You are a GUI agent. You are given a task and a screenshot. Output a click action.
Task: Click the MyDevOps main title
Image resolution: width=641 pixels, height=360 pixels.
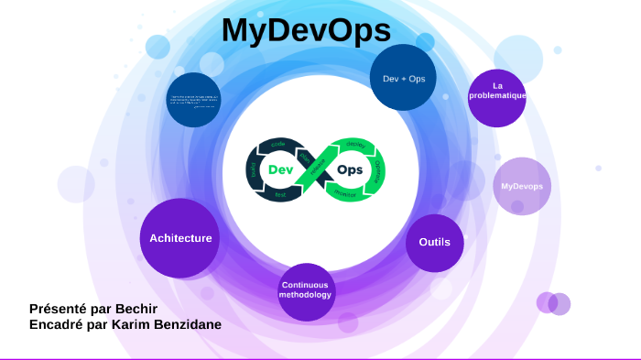click(305, 30)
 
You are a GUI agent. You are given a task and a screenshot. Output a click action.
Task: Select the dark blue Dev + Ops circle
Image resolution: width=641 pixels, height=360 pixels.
click(403, 78)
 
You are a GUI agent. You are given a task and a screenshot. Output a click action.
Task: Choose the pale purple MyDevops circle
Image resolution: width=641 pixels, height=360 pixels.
click(522, 186)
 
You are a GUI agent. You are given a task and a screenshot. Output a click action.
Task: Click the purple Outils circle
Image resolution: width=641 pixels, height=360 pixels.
click(435, 243)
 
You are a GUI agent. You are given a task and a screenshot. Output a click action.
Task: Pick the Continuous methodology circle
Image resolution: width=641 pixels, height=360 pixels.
click(306, 290)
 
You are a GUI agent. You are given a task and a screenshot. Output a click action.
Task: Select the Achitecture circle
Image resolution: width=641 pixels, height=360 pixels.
click(180, 238)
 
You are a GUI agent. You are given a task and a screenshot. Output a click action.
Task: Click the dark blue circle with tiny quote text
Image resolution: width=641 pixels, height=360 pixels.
click(193, 100)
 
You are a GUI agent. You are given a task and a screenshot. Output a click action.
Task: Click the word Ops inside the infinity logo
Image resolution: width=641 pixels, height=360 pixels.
click(350, 169)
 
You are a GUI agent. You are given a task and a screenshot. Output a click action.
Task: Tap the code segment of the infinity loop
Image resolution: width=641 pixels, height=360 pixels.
click(278, 145)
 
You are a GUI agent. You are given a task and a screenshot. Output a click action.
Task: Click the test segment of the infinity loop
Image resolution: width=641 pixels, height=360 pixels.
click(280, 194)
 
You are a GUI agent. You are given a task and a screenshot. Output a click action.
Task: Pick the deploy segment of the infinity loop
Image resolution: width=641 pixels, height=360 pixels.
click(354, 145)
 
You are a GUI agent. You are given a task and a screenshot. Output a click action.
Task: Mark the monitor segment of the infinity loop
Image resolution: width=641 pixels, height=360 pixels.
click(345, 194)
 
